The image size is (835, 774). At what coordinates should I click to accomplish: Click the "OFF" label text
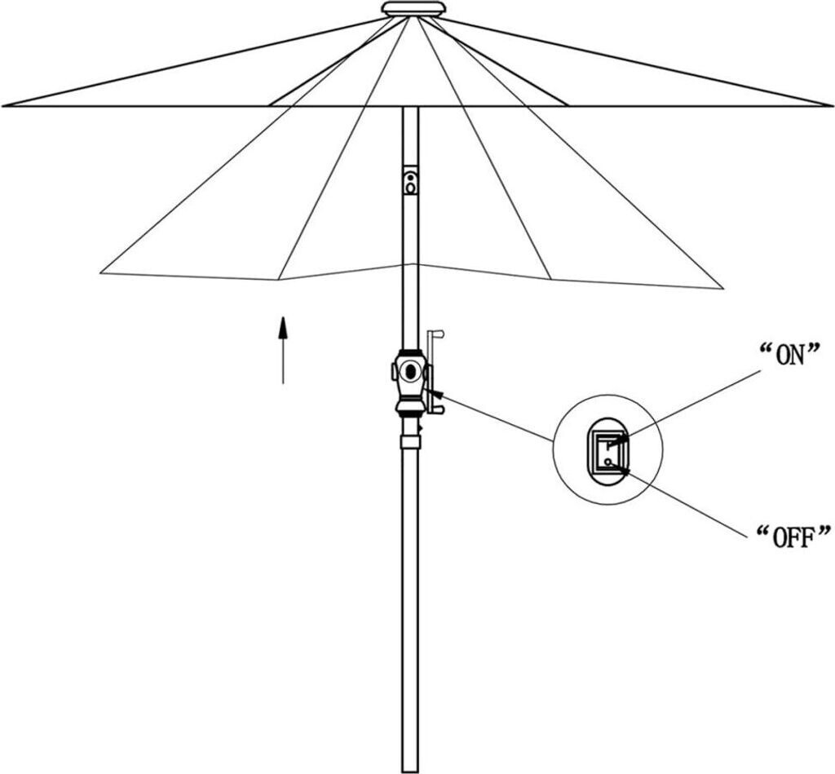(x=793, y=537)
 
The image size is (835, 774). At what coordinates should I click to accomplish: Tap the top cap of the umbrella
(x=414, y=9)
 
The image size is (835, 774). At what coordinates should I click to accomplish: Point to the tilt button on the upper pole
(x=410, y=181)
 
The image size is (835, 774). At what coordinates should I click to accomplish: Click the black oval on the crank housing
(x=411, y=371)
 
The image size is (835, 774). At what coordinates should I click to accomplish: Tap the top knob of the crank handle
(x=438, y=334)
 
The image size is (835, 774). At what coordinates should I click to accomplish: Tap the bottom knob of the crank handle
(x=438, y=408)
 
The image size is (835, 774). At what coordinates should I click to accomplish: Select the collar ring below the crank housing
(x=410, y=441)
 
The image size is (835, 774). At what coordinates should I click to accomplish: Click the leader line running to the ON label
(x=693, y=403)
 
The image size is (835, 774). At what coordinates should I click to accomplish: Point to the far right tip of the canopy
(x=830, y=105)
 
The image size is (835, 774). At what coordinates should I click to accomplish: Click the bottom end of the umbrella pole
(x=410, y=767)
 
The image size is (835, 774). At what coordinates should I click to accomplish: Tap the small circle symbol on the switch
(x=608, y=462)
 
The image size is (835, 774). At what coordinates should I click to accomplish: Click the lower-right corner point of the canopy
(x=722, y=288)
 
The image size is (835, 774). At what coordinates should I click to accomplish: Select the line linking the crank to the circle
(x=497, y=418)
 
